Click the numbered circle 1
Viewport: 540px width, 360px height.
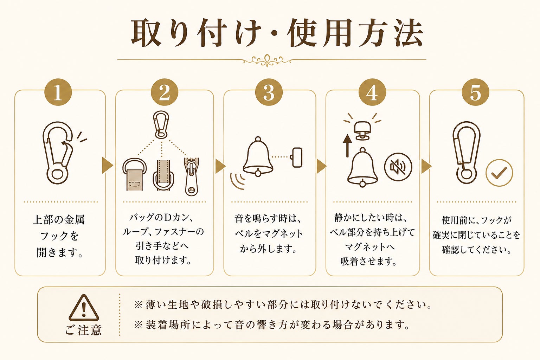click(58, 92)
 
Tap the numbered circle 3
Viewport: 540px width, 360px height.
click(269, 92)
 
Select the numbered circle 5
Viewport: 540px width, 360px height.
click(475, 92)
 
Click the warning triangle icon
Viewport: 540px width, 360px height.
click(84, 308)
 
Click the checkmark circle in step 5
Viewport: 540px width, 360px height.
click(499, 173)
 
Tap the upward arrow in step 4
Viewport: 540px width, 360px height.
click(347, 146)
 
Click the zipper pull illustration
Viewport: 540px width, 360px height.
click(192, 176)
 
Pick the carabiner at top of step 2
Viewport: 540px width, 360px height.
click(161, 124)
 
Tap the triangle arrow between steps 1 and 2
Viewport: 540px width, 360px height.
click(107, 166)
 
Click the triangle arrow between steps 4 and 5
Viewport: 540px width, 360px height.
click(426, 166)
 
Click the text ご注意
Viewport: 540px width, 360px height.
click(84, 330)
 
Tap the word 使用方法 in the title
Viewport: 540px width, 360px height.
click(355, 33)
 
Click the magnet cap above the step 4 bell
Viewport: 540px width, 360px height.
click(362, 131)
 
